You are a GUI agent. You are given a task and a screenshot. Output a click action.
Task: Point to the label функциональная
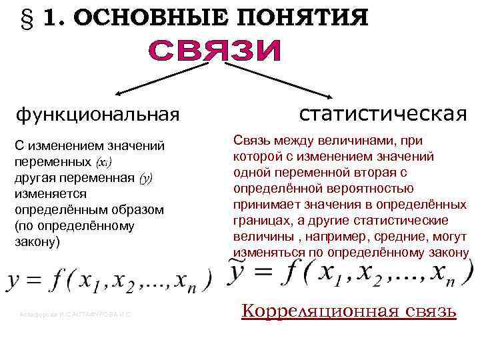pyautogui.click(x=98, y=114)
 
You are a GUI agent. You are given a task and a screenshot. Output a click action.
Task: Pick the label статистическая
pyautogui.click(x=383, y=113)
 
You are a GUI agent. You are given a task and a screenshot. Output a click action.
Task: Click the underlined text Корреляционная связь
pyautogui.click(x=348, y=311)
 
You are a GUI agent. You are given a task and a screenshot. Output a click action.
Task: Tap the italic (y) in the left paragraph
pyautogui.click(x=145, y=177)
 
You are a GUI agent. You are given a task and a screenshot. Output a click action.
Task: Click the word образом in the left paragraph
pyautogui.click(x=139, y=209)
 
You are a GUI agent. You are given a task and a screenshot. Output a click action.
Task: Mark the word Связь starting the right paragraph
pyautogui.click(x=251, y=141)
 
